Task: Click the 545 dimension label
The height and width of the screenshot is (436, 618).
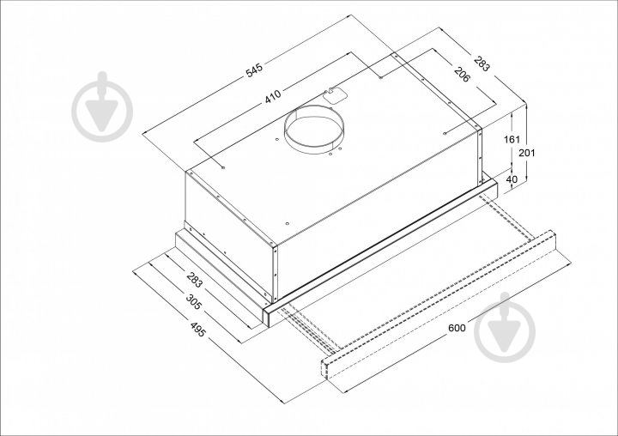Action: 254,70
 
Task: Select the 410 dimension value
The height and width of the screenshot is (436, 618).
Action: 273,97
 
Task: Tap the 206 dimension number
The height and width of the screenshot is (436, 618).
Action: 462,75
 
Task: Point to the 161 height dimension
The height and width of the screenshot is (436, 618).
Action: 512,139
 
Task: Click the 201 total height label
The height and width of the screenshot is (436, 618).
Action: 526,153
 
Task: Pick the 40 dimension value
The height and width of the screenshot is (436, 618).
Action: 512,179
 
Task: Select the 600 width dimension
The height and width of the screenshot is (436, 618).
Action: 457,328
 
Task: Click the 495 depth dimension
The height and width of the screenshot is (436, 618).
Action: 198,330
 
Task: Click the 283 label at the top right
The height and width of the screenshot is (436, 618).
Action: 482,64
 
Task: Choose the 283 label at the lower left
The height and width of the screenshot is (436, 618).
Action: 194,280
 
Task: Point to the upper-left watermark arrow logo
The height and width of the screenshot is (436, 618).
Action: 102,106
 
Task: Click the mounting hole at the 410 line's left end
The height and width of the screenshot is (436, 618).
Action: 223,168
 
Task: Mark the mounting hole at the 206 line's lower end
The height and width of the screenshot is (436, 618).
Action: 445,134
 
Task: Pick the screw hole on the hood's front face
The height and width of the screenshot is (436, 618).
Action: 287,223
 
